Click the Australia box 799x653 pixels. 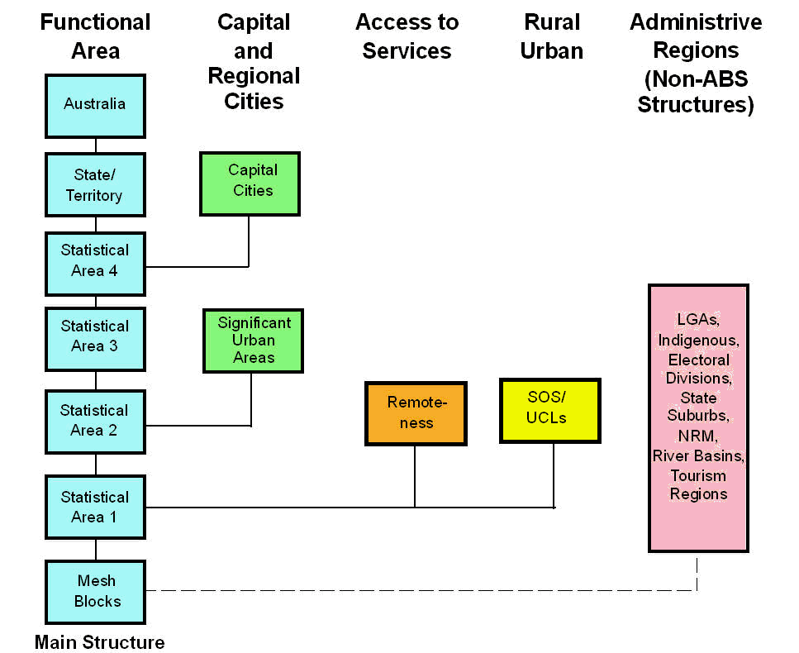tap(95, 105)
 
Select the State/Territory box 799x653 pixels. tap(95, 185)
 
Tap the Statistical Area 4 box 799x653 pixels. tap(95, 261)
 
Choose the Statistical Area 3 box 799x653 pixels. tap(95, 337)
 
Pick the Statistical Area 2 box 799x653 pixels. tap(95, 421)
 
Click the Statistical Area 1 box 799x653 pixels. tap(95, 508)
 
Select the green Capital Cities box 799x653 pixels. tap(250, 182)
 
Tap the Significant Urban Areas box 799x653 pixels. tap(254, 341)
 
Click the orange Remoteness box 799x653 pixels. tap(416, 412)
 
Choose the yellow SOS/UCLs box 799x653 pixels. tap(549, 409)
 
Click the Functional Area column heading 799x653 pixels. tap(95, 36)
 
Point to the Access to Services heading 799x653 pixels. tap(407, 36)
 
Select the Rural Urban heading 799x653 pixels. tap(552, 36)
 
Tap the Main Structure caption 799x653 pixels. tap(100, 642)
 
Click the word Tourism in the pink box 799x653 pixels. tap(698, 475)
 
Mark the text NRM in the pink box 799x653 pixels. tap(698, 436)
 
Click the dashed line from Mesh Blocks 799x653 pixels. tap(413, 590)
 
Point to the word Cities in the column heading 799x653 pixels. tap(254, 101)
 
